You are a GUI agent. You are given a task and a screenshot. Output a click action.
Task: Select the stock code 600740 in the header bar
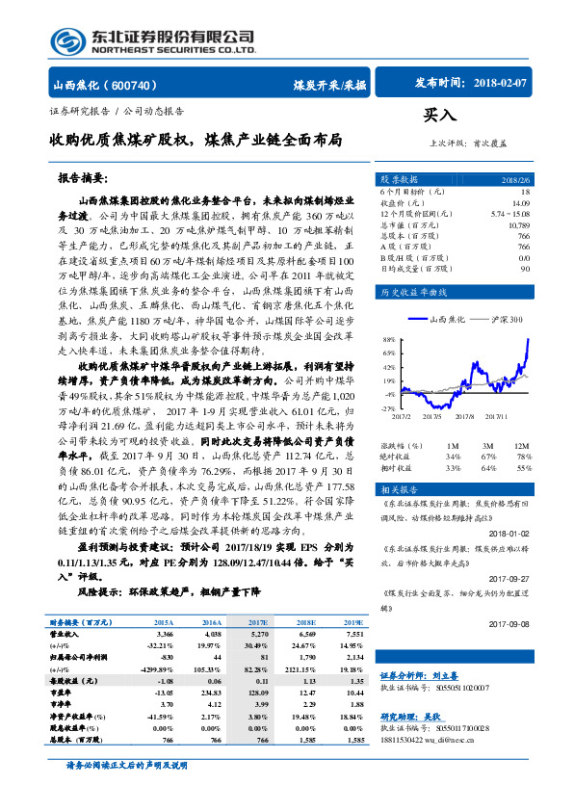[145, 85]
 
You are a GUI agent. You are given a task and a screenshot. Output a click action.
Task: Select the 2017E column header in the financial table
[259, 623]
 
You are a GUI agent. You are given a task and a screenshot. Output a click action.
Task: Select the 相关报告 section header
[396, 489]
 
